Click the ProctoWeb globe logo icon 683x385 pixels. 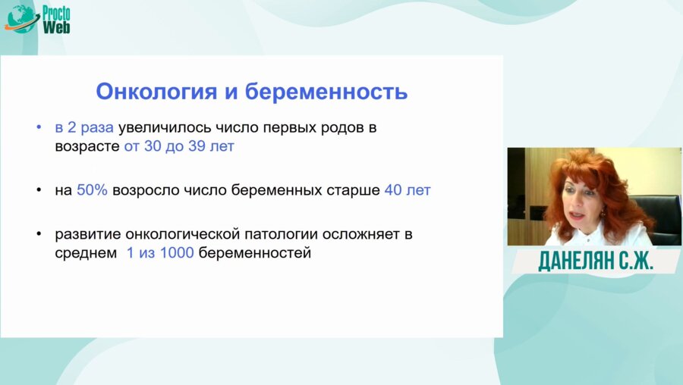click(x=22, y=19)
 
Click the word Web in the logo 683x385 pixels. click(x=56, y=27)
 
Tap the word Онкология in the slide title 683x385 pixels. click(x=156, y=92)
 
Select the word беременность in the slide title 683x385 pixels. click(x=326, y=92)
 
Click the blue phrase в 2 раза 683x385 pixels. click(x=84, y=127)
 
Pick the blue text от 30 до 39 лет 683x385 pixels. click(x=179, y=146)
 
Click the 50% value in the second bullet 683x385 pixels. click(x=92, y=190)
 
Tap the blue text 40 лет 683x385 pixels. click(x=408, y=190)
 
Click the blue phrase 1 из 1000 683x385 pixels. click(x=160, y=253)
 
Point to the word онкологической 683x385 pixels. click(x=182, y=234)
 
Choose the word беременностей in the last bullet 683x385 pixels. click(x=255, y=253)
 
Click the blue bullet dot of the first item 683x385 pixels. click(x=39, y=127)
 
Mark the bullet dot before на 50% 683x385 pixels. click(x=39, y=190)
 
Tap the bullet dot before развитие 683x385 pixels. click(x=39, y=234)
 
